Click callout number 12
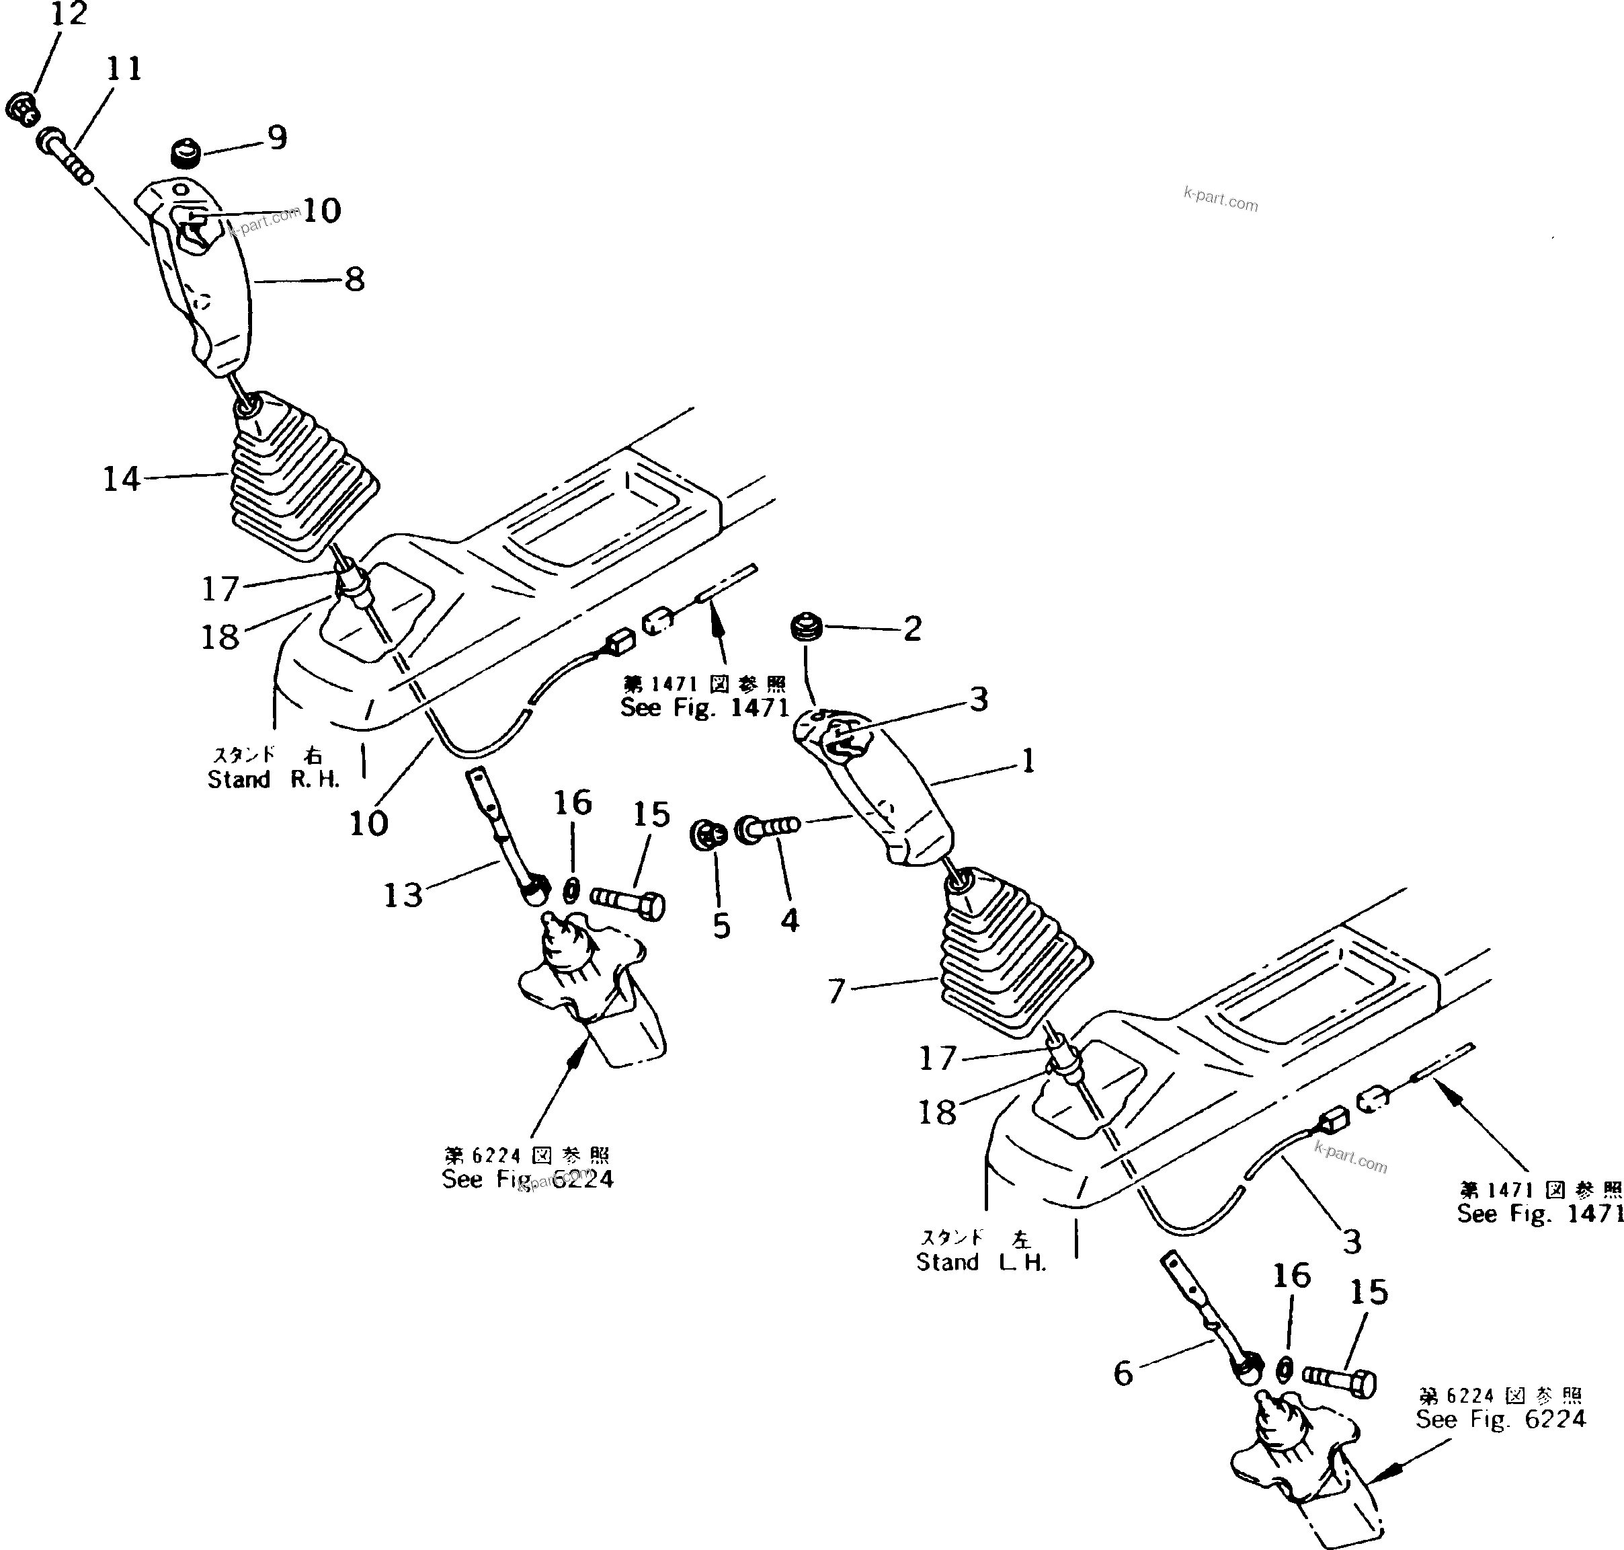69,13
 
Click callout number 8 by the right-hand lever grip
354,279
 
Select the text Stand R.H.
274,779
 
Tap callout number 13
403,895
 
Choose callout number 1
1028,761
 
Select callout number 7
837,991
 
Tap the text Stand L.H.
981,1262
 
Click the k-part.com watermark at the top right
1220,199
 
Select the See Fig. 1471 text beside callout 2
704,708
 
